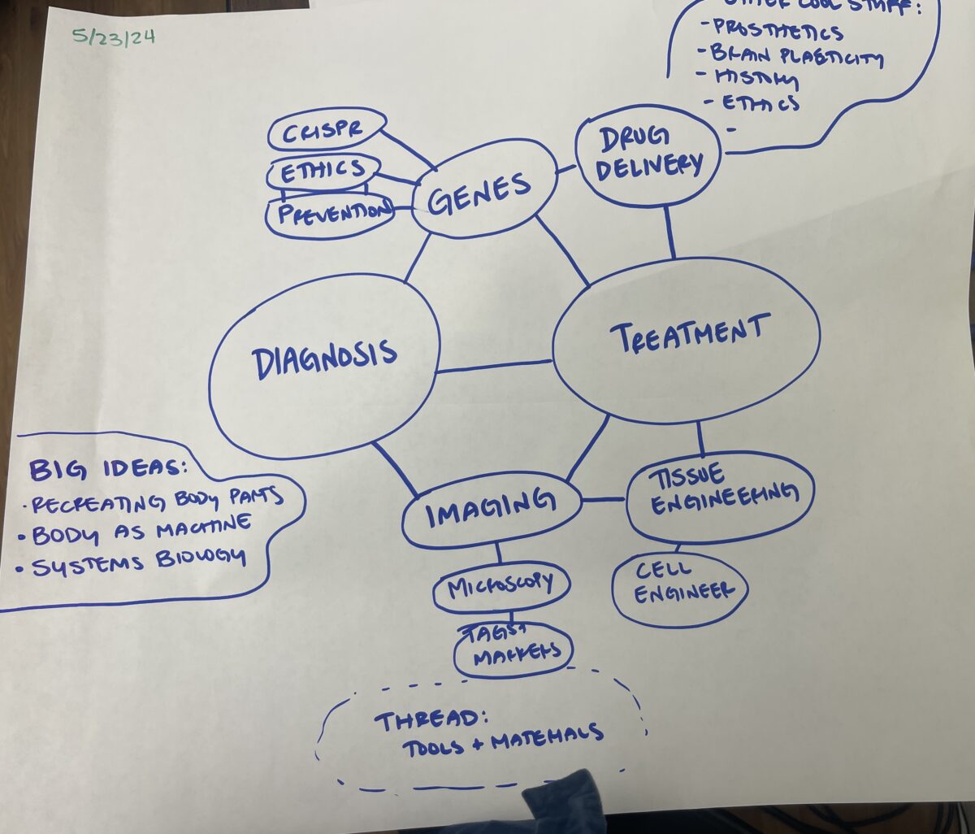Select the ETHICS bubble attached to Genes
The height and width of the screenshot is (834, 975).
[323, 172]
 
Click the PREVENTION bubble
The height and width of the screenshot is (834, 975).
[330, 215]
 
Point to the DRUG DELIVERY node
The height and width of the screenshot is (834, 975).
[648, 154]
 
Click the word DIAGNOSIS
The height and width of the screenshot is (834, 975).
[324, 358]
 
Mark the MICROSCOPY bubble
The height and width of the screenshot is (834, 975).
[500, 585]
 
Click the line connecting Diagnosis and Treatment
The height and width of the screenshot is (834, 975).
[494, 367]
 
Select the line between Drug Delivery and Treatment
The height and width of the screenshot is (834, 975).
[670, 232]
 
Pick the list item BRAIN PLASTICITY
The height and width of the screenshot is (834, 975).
[796, 56]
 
